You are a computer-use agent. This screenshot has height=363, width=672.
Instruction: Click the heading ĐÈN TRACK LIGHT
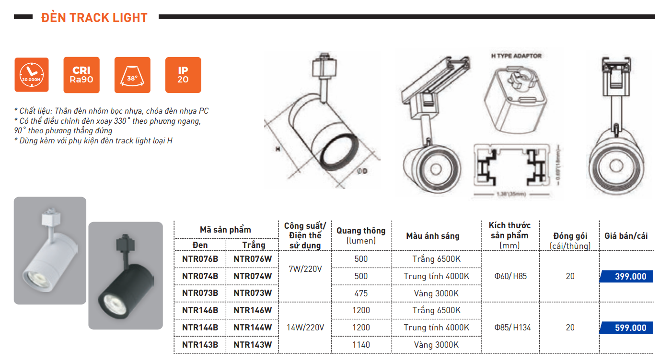click(94, 18)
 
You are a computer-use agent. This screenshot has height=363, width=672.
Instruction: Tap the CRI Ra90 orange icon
click(81, 75)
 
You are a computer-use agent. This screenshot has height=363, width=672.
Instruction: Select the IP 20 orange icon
click(183, 75)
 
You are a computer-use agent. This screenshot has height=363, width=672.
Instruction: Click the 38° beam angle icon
click(132, 75)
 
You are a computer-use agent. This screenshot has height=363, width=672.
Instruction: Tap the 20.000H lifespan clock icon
click(32, 75)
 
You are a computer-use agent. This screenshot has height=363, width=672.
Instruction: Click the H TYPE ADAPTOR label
click(516, 56)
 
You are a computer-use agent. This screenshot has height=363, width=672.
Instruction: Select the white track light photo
click(50, 250)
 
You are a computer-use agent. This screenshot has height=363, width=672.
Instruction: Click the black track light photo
click(126, 275)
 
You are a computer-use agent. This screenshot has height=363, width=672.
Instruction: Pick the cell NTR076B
click(200, 259)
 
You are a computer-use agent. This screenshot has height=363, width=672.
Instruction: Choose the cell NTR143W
click(253, 345)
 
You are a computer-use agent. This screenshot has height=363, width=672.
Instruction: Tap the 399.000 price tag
click(626, 277)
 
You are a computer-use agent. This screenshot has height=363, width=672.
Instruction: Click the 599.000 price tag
click(626, 328)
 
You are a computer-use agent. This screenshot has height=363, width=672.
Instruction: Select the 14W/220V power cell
click(305, 328)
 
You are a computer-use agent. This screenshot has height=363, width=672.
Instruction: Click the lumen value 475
click(361, 293)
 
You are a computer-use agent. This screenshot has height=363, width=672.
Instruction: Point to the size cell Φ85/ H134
click(510, 328)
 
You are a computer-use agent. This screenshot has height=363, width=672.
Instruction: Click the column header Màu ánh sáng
click(432, 236)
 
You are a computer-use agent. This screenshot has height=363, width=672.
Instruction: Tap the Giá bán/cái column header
click(626, 236)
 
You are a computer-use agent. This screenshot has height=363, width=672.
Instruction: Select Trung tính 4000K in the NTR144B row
click(436, 328)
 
